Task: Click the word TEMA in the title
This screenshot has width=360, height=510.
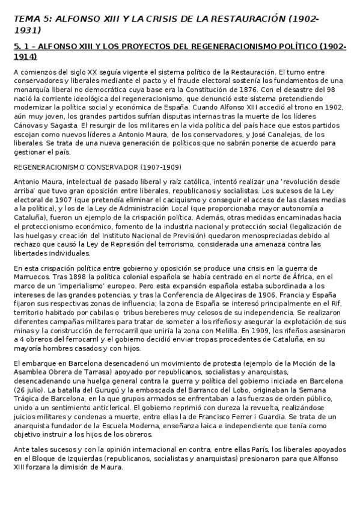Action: tap(26, 19)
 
